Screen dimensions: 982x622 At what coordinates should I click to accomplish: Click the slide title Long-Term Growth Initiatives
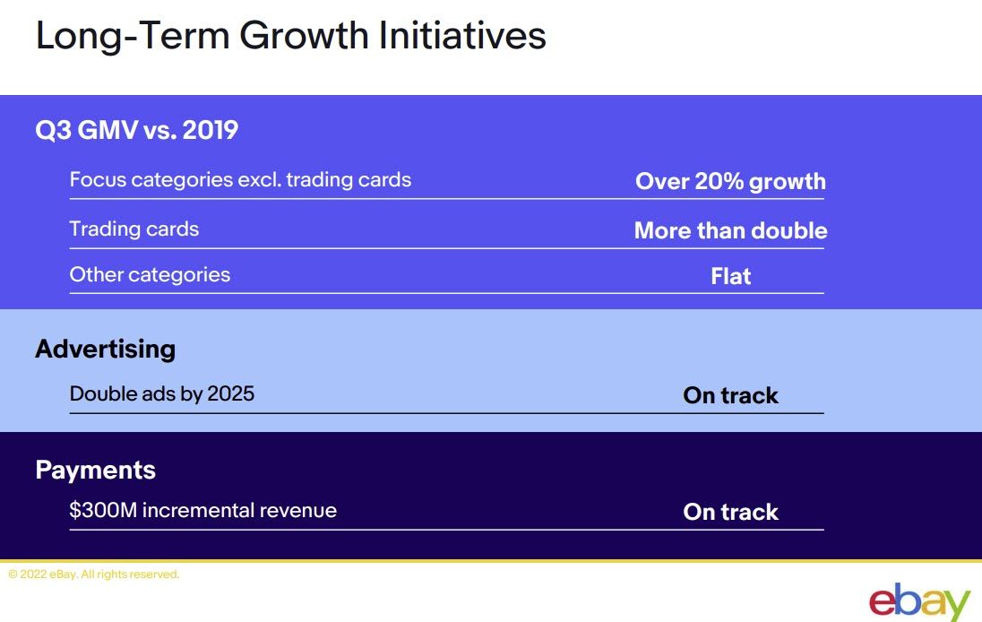coord(290,37)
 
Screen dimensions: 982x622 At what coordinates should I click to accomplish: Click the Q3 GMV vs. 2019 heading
coord(136,130)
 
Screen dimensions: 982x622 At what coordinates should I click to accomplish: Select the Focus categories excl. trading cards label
coord(240,180)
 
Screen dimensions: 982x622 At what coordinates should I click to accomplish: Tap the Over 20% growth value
coord(730,182)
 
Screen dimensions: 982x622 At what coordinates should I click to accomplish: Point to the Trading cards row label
coord(134,229)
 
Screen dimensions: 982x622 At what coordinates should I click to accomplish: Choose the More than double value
coord(731,230)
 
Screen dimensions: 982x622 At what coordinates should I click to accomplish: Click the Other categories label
coord(150,274)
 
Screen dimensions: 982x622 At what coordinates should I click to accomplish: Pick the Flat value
coord(731,276)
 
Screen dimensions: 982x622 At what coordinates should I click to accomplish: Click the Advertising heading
coord(105,349)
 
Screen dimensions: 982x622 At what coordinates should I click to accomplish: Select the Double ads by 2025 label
coord(162,393)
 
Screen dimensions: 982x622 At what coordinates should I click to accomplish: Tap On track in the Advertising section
coord(731,395)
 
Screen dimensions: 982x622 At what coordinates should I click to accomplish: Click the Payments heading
coord(95,470)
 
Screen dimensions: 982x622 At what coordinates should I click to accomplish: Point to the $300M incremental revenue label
coord(202,510)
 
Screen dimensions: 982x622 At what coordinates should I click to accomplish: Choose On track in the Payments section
coord(731,512)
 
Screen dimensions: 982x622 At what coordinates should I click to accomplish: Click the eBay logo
coord(919,602)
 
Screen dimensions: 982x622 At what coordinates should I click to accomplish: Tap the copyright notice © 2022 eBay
coord(94,574)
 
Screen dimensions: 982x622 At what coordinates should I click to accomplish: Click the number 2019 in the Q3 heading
coord(211,130)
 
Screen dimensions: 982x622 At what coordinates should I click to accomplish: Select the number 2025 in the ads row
coord(230,393)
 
